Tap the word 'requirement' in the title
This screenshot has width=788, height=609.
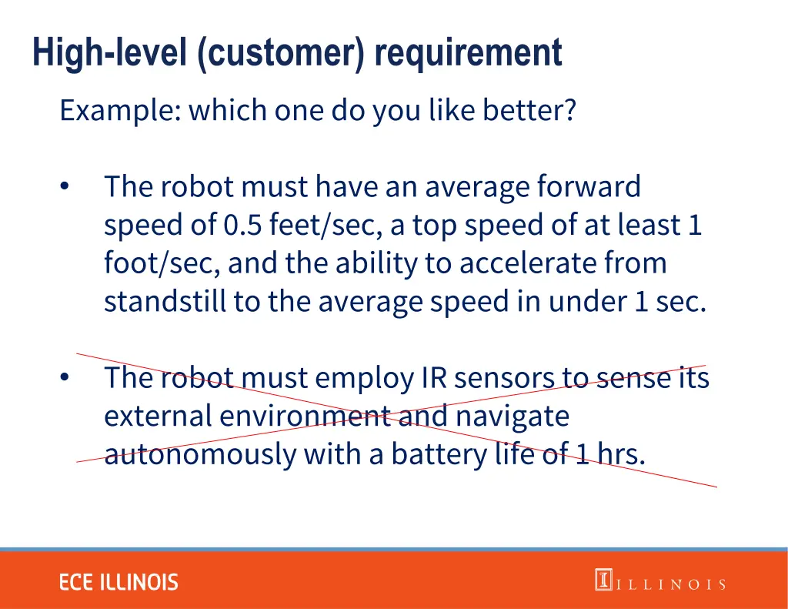pyautogui.click(x=469, y=54)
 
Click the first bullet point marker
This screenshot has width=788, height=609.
pyautogui.click(x=65, y=187)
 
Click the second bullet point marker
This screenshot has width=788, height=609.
pyautogui.click(x=65, y=378)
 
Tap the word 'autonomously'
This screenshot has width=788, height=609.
pyautogui.click(x=200, y=455)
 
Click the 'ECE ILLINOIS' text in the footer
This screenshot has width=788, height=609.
pyautogui.click(x=119, y=582)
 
